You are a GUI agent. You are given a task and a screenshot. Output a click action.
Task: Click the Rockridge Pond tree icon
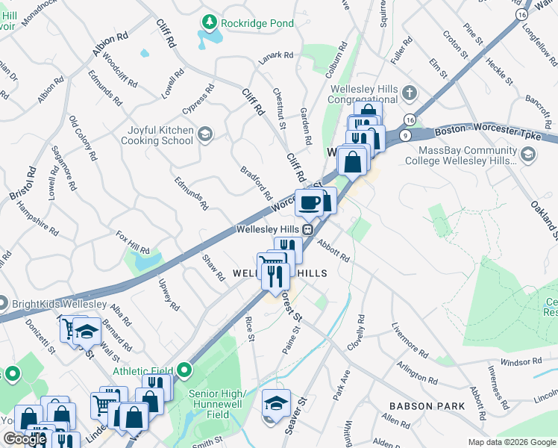click(x=212, y=22)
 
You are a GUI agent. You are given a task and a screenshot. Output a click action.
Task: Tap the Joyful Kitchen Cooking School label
click(x=156, y=135)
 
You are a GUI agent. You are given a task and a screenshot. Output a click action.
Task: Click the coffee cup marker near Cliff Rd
click(x=309, y=202)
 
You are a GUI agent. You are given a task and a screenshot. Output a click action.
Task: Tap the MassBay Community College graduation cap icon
click(x=528, y=155)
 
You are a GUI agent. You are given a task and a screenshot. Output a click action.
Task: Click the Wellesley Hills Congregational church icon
click(x=408, y=95)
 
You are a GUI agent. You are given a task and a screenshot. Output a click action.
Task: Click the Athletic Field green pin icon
click(x=184, y=370)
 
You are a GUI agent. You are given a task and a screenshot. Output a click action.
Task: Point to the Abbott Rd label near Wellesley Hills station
click(x=333, y=249)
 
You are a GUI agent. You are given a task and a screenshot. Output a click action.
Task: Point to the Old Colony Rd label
click(x=82, y=139)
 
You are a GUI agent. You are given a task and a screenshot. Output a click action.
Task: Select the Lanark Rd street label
click(x=277, y=55)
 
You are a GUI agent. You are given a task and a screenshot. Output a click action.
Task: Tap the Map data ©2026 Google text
click(x=511, y=442)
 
